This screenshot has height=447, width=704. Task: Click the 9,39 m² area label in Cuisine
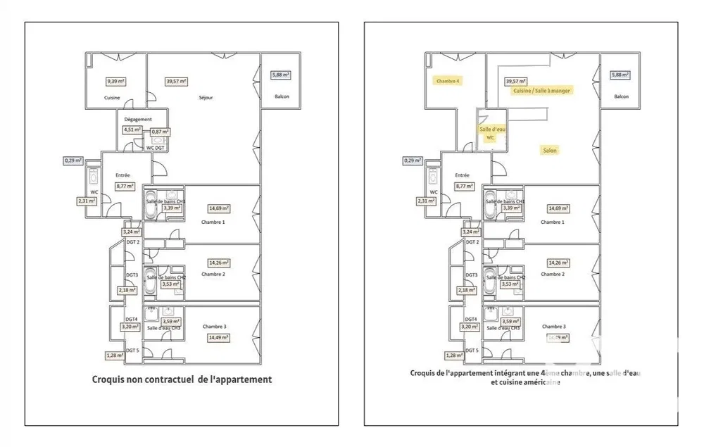point(115,82)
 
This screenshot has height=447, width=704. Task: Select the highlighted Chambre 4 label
point(448,81)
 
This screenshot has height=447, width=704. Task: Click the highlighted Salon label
point(550,150)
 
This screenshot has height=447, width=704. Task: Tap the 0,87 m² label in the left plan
point(161,132)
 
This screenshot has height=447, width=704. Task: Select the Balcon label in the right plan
point(621,96)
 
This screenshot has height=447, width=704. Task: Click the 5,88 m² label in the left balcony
point(282,75)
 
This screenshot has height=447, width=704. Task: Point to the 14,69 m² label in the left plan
point(218,208)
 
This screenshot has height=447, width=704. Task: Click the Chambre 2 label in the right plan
point(553,274)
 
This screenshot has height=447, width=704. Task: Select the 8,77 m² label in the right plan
point(463,187)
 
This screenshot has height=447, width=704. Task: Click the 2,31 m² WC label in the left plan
point(86,201)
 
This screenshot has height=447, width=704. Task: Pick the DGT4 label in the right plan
point(471,319)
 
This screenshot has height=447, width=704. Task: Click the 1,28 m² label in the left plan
point(115,355)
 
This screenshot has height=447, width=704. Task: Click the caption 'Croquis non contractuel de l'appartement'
point(182,379)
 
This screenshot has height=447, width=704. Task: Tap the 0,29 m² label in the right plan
point(413,160)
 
